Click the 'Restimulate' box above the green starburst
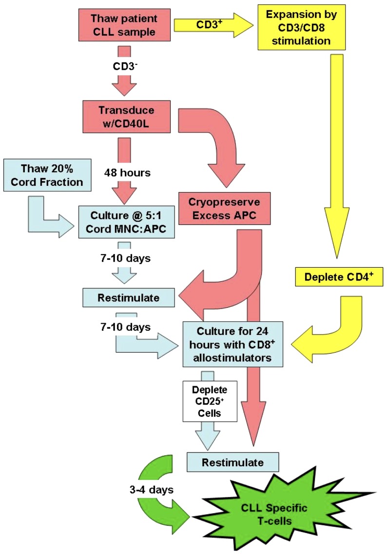pyautogui.click(x=232, y=461)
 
